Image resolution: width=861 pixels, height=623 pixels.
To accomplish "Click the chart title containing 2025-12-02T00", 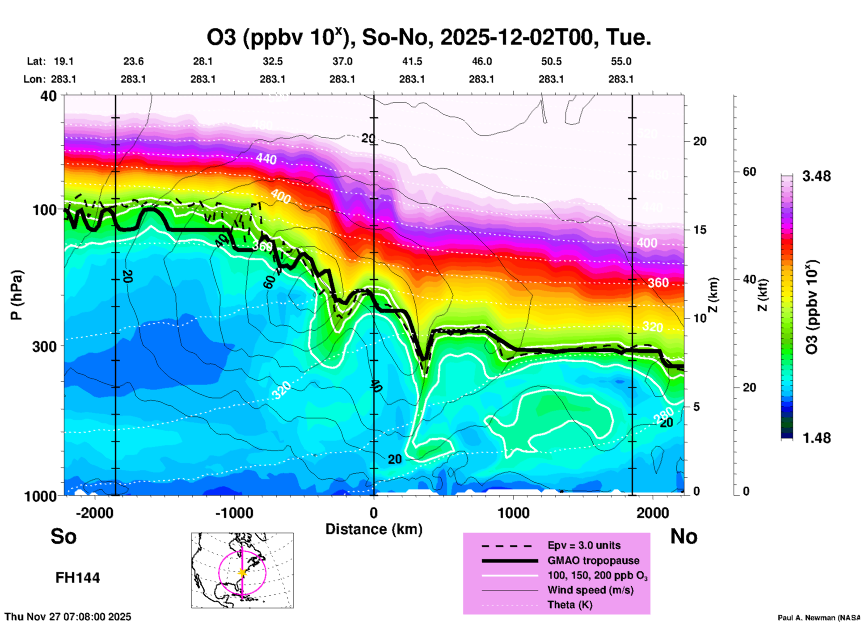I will click(x=428, y=37).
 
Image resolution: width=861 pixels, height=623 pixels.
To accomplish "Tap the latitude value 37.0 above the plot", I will click(x=342, y=61).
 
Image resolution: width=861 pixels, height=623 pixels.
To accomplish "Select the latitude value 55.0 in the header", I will click(x=620, y=61).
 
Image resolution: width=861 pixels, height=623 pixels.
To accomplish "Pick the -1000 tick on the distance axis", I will click(x=234, y=513).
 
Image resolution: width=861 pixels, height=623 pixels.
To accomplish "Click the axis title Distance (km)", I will click(x=374, y=529).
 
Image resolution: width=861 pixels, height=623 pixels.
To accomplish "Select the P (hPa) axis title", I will click(x=17, y=295).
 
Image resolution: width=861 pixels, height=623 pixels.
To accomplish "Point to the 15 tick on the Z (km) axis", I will click(x=699, y=230).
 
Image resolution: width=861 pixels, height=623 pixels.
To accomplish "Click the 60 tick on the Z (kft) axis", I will click(x=749, y=172).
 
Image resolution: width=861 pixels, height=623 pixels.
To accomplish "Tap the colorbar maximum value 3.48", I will click(x=816, y=177).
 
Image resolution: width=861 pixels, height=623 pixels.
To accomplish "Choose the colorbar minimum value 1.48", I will click(x=816, y=438).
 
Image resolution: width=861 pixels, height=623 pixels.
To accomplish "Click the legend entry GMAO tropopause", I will click(x=593, y=560).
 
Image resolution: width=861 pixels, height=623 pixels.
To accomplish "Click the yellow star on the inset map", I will click(x=242, y=572).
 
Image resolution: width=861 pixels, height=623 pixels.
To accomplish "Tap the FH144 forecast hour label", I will click(x=77, y=578).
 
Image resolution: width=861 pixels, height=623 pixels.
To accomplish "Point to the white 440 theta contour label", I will click(x=266, y=159).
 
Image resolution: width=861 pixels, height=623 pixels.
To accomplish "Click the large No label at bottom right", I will click(x=684, y=536).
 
